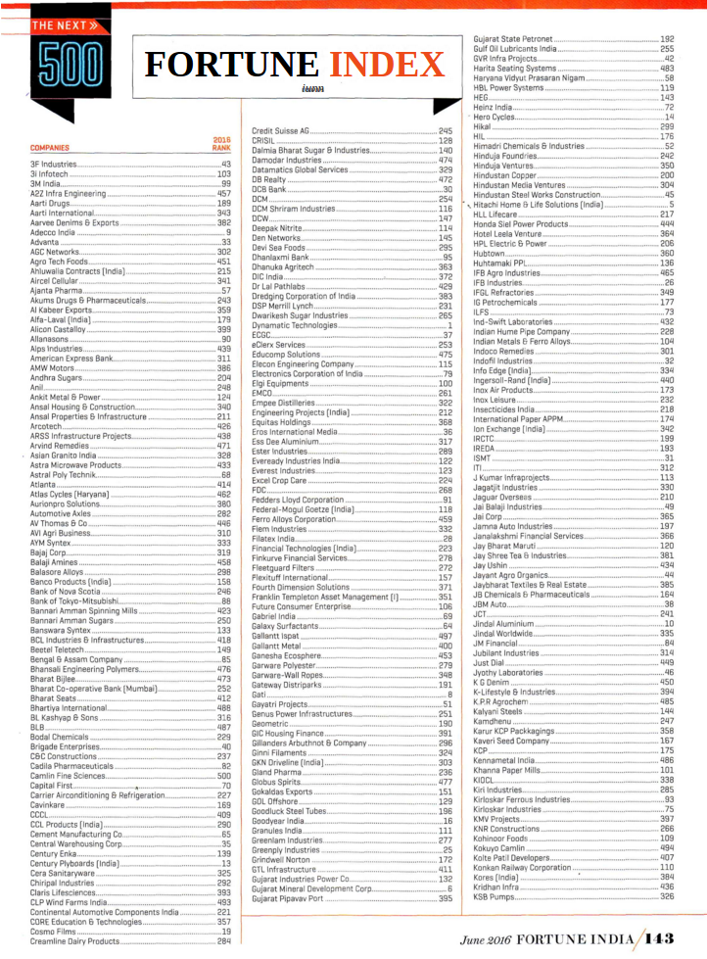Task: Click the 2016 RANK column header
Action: [221, 144]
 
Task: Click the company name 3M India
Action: [48, 183]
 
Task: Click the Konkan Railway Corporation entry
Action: [521, 867]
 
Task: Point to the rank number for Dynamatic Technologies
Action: [448, 325]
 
